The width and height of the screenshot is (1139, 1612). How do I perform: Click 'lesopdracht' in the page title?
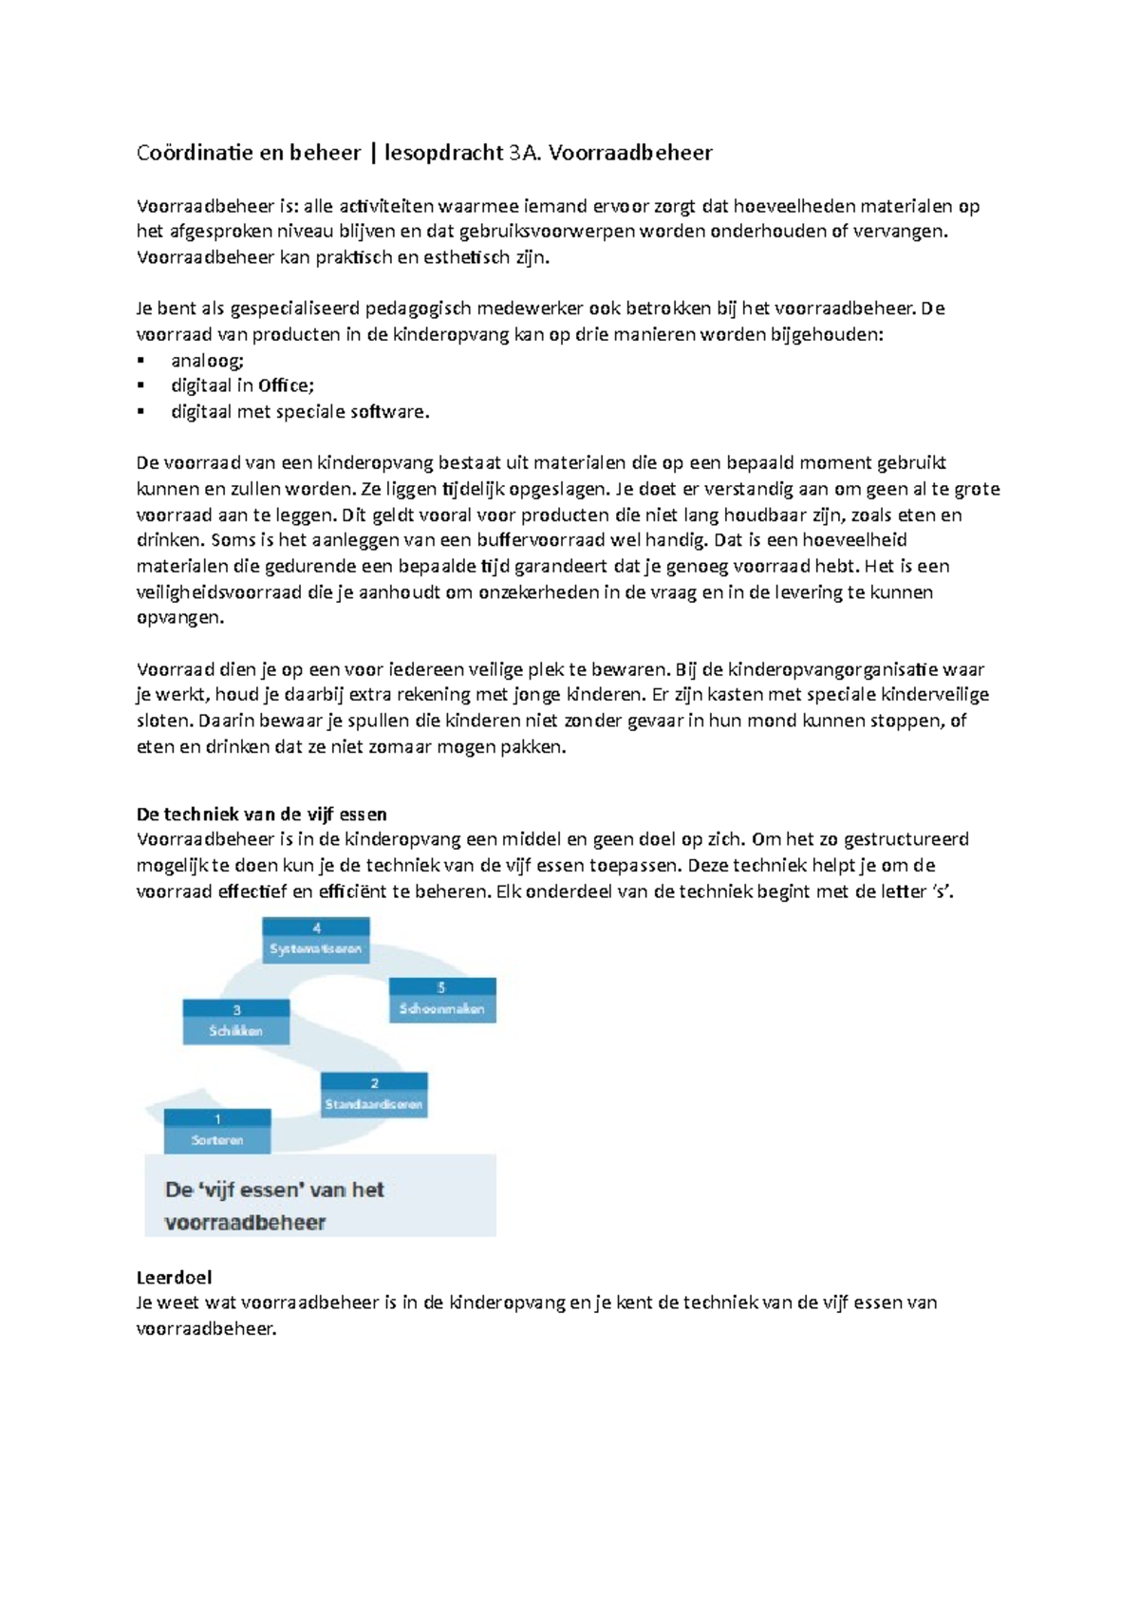443,153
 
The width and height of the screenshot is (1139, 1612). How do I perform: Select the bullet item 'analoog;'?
207,361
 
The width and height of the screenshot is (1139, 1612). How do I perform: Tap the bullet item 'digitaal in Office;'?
242,386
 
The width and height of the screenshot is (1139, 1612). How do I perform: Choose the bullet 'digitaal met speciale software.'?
300,412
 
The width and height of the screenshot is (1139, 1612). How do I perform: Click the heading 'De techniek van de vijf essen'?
262,815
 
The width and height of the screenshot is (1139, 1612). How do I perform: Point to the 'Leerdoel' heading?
174,1278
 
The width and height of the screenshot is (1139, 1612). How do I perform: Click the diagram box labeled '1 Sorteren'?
217,1131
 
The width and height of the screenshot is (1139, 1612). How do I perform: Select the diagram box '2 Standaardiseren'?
374,1095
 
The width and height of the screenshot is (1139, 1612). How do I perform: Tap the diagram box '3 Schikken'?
236,1022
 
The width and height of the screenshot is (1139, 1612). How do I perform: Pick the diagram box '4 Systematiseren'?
316,940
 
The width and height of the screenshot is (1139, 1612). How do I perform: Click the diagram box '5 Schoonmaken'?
442,1000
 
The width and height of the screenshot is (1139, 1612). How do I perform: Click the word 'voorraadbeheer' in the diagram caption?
245,1223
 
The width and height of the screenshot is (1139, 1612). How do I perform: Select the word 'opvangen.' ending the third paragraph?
180,618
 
